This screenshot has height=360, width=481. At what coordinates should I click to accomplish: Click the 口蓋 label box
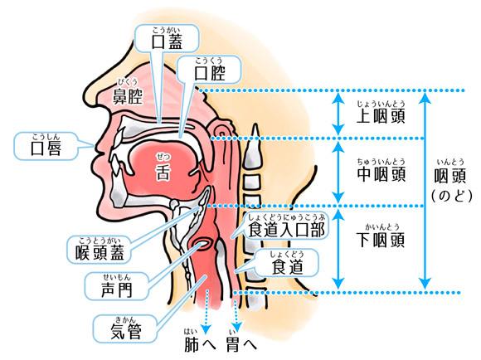coord(168,39)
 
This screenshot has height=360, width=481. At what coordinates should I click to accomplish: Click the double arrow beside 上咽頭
coord(338,114)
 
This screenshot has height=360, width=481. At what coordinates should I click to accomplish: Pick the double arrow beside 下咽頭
coord(338,248)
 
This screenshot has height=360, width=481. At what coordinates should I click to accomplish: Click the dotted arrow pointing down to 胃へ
coord(240,314)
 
